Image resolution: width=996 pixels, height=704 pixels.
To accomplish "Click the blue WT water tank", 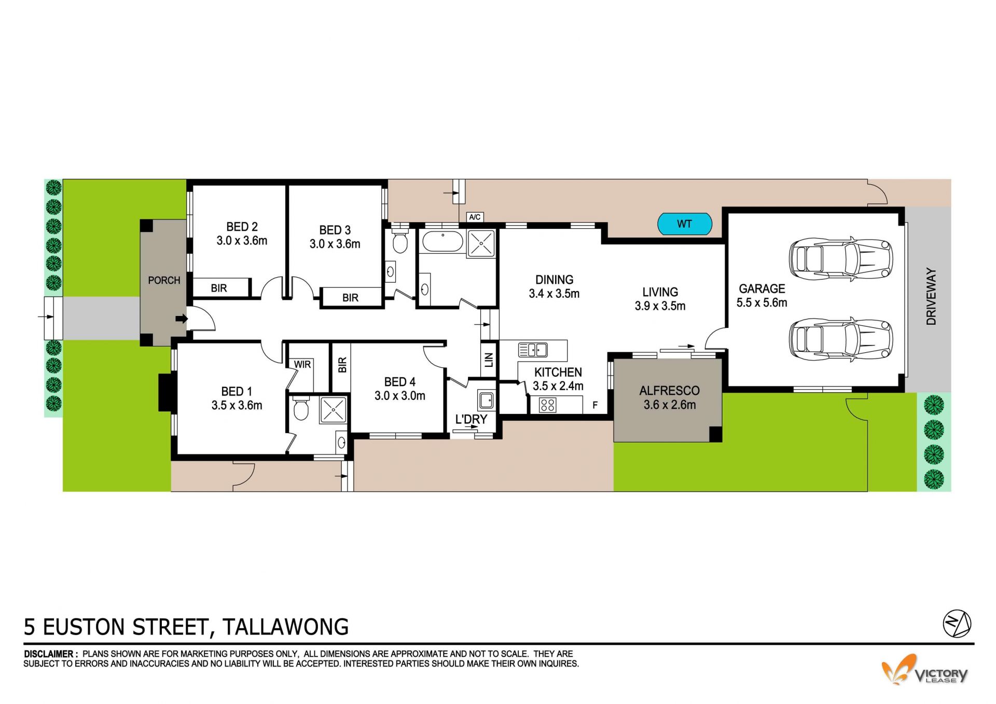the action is point(684,224).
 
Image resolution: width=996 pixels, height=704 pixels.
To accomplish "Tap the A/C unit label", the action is point(475,217).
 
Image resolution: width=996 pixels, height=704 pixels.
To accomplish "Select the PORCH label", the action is point(164,280).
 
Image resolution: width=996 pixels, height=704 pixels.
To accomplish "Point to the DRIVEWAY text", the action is point(932,296).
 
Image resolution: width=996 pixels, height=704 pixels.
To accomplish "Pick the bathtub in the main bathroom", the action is point(442,242).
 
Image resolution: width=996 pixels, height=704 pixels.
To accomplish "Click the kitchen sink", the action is point(533,350).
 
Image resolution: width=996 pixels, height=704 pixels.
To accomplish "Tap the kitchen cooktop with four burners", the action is point(548,405).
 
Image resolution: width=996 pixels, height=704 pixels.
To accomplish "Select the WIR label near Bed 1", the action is point(302,364).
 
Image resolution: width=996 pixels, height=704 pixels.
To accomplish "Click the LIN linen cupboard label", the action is point(489,360).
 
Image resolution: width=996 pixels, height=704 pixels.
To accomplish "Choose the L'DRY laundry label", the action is point(471,419).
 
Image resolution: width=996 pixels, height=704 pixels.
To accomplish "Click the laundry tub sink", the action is point(486,400).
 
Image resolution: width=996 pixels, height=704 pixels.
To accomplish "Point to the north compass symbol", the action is point(957,624).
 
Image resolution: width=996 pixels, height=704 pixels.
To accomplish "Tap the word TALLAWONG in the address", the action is point(286,627).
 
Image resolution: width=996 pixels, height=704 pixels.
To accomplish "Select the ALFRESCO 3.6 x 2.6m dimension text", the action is point(670,405).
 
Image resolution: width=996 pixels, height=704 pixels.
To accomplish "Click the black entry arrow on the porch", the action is point(181,319).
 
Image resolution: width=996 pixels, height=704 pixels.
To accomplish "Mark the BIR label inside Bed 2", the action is point(219,288).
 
